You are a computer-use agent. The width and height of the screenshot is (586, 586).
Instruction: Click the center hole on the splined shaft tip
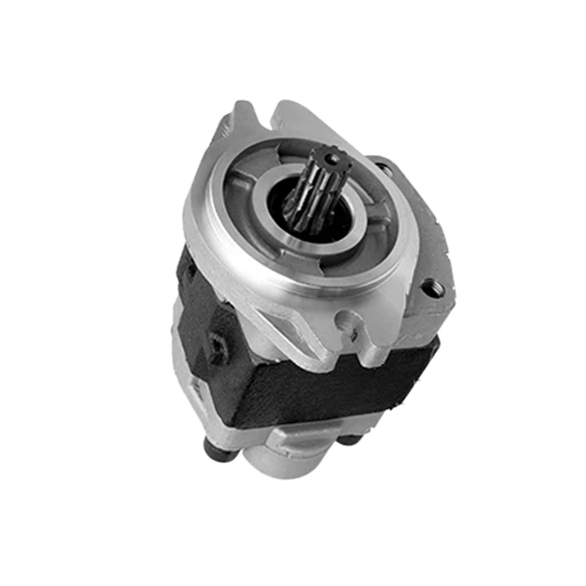pos(334,158)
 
